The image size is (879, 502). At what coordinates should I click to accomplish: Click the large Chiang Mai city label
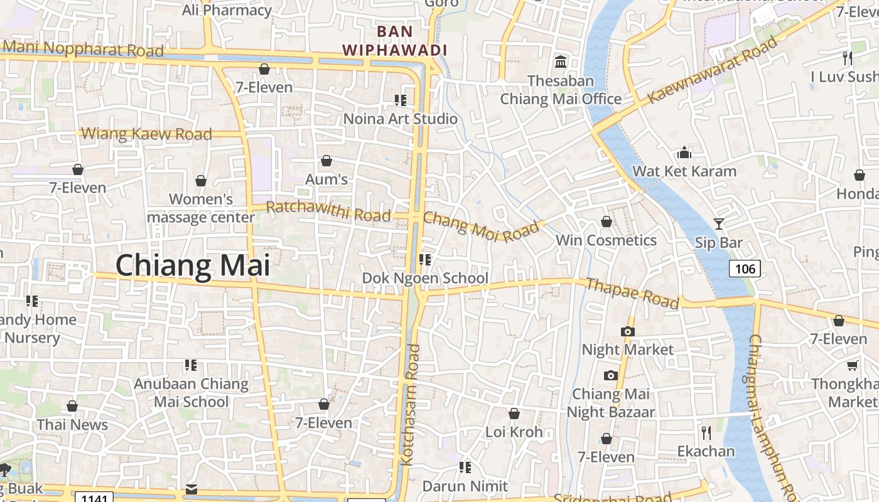coord(193,265)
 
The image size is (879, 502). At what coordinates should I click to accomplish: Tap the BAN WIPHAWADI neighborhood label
coord(395,41)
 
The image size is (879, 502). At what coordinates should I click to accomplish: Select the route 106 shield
coord(745,269)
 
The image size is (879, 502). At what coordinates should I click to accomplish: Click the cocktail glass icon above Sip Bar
coord(718,223)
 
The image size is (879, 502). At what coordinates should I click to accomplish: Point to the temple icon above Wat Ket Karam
coord(684,152)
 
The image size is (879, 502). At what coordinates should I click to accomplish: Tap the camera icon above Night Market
coord(627,331)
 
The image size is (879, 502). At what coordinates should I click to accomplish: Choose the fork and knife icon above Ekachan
coord(706,432)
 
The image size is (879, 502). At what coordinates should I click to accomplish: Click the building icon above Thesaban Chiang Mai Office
coord(560,62)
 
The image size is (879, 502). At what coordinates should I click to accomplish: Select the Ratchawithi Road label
coord(328,211)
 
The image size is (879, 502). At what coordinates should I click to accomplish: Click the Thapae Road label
coord(632,293)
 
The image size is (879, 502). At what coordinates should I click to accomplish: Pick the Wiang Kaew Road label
coord(147,134)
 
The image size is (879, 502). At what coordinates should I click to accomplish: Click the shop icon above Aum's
coord(326,161)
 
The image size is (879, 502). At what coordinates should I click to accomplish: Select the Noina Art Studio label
coord(401,118)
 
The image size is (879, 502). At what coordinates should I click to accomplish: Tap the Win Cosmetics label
coord(606,240)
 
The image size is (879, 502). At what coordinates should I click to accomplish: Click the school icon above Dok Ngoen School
coord(425,259)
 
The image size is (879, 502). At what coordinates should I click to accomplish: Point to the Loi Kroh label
coord(514,432)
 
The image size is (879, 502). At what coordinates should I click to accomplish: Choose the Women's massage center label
coord(201,208)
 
